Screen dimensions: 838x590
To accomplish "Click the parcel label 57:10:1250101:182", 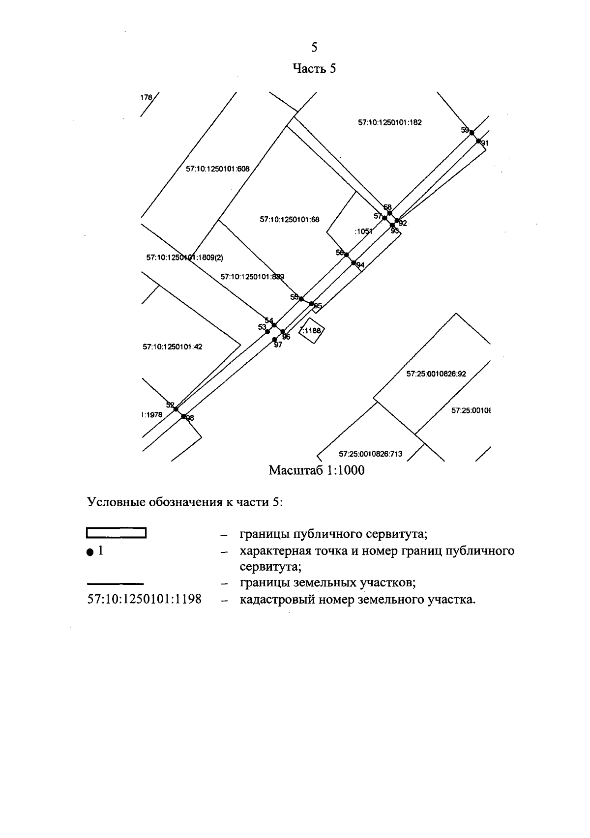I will click(389, 123).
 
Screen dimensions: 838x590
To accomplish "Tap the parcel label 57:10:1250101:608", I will click(217, 169).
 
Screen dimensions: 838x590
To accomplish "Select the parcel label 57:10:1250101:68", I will click(289, 220).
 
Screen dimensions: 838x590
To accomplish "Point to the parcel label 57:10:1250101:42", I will click(172, 347).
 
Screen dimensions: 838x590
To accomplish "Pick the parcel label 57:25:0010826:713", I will click(370, 454).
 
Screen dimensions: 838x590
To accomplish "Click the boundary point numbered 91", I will click(478, 141).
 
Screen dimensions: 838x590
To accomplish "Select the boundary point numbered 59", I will click(471, 132).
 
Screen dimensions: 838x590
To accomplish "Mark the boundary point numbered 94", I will click(354, 263).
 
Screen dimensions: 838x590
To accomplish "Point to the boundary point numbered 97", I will click(274, 339).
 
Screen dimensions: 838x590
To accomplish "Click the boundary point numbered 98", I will click(183, 416).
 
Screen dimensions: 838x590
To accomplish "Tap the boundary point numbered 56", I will click(346, 254).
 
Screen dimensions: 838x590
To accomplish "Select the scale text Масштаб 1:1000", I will click(316, 471).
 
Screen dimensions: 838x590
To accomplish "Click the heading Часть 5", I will click(314, 69).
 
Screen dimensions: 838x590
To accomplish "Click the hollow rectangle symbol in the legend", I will click(116, 533).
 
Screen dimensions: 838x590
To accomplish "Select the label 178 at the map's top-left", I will click(146, 98).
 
